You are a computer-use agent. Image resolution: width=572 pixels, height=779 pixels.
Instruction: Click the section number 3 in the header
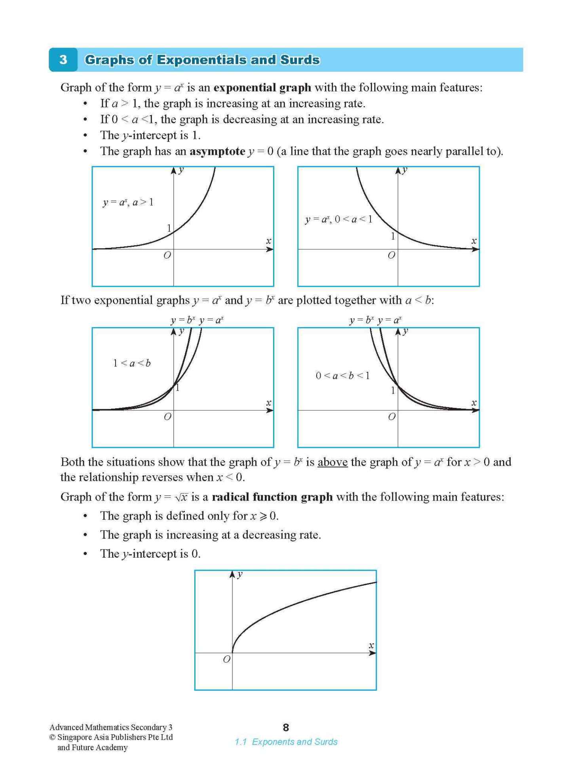63,60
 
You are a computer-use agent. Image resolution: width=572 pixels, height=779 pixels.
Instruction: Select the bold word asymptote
217,151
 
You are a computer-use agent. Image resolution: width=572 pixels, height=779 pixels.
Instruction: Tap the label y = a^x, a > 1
128,202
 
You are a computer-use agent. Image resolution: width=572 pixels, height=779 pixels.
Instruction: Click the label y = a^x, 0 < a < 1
339,219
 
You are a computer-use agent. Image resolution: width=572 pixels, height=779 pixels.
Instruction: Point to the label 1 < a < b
132,363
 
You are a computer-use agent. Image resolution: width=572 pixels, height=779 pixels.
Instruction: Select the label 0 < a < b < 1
343,375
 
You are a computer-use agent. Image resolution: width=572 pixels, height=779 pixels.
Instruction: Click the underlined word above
333,462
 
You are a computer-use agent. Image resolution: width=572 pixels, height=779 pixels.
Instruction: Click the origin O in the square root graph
226,659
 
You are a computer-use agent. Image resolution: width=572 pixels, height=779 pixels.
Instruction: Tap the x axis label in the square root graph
371,646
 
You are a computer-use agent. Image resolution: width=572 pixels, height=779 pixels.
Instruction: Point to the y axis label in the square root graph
240,575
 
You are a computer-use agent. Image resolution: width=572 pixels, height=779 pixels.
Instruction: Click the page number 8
286,727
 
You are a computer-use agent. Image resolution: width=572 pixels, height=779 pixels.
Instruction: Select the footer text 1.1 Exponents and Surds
286,742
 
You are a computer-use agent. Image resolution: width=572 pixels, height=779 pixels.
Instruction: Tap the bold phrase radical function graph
272,497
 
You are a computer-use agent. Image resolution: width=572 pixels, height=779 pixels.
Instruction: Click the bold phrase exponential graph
262,88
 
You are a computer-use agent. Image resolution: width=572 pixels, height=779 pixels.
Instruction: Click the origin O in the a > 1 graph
167,255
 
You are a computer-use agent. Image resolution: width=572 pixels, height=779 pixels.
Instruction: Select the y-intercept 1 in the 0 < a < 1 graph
393,236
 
